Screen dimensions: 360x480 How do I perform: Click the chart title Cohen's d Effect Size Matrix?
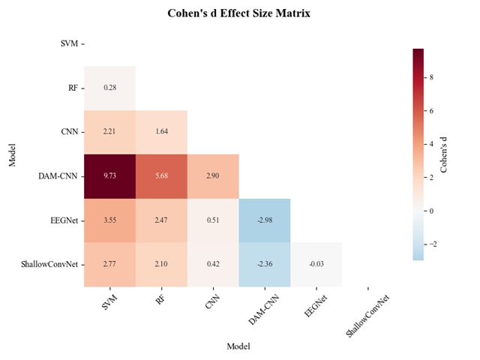[238, 13]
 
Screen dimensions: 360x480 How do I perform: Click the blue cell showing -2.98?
[265, 220]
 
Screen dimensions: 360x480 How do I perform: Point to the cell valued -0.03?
[316, 264]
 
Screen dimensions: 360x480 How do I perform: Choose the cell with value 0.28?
[109, 88]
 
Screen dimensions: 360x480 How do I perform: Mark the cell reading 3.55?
[109, 220]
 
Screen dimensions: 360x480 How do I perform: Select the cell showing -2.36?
[265, 264]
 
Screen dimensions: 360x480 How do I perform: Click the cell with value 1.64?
[161, 132]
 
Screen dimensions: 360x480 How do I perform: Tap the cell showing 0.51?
[213, 220]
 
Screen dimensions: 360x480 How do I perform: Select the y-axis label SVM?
[68, 43]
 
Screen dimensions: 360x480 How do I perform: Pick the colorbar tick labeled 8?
[432, 77]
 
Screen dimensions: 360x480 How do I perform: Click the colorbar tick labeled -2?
[433, 244]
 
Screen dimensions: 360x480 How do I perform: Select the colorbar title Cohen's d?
[445, 154]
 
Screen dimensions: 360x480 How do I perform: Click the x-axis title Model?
[238, 346]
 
